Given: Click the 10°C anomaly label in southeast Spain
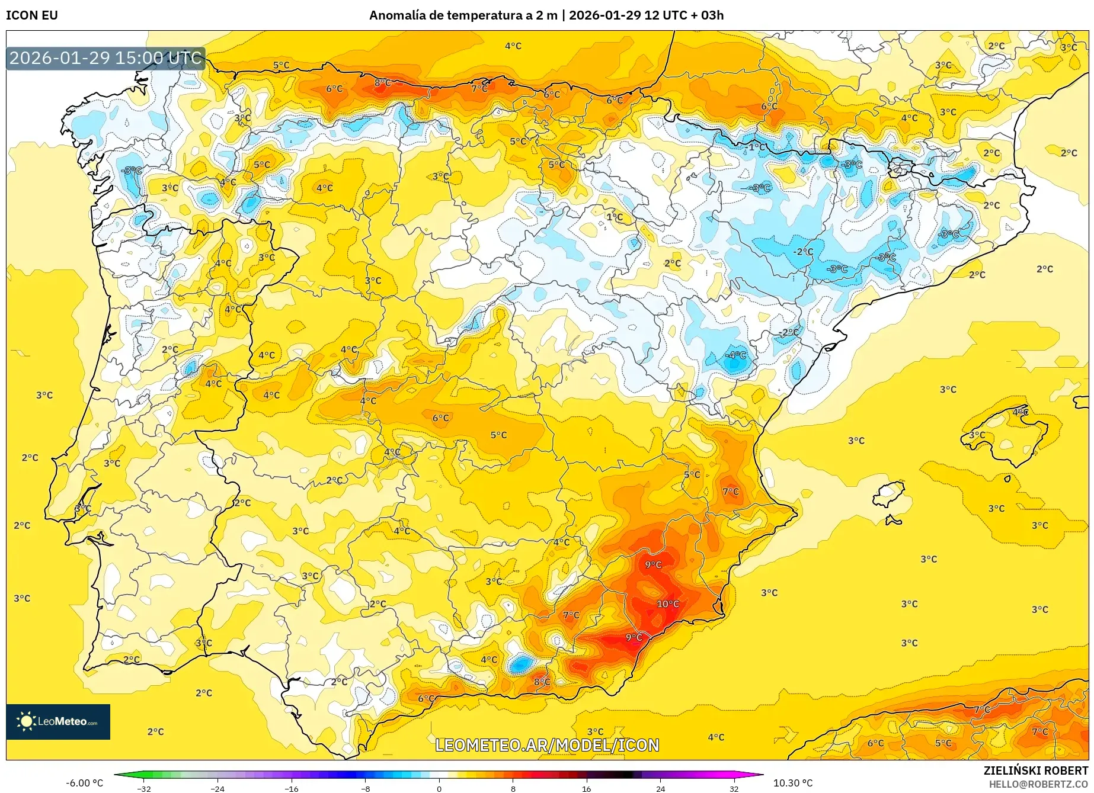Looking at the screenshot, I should pos(667,604).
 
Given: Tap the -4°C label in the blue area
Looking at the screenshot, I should pos(737,355).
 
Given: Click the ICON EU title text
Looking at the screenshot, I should pos(32,15).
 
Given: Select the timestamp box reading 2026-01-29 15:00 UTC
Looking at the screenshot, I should pos(105,58).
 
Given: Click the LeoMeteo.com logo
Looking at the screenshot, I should pos(58,721).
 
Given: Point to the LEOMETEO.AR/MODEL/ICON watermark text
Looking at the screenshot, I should pos(547,745).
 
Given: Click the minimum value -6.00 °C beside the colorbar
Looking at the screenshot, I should pos(84,783).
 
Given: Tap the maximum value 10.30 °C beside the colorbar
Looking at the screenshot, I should pos(793,783).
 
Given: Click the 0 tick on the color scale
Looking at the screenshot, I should pos(439,788).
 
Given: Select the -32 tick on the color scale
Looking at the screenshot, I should pos(144,788).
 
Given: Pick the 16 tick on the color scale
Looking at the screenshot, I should pos(586,788).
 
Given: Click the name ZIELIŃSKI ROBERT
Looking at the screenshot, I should pos(1036,770).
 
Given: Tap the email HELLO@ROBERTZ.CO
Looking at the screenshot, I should pos(1038,784).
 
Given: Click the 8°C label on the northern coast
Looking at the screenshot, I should pos(383,83).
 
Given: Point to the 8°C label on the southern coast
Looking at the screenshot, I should pos(542,682).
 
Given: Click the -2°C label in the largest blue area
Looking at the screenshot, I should pos(803,251).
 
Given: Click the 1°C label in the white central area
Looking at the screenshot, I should pos(615,217).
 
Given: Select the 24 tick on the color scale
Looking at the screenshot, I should pos(660,788).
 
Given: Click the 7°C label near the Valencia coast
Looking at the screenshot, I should pos(730,492).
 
